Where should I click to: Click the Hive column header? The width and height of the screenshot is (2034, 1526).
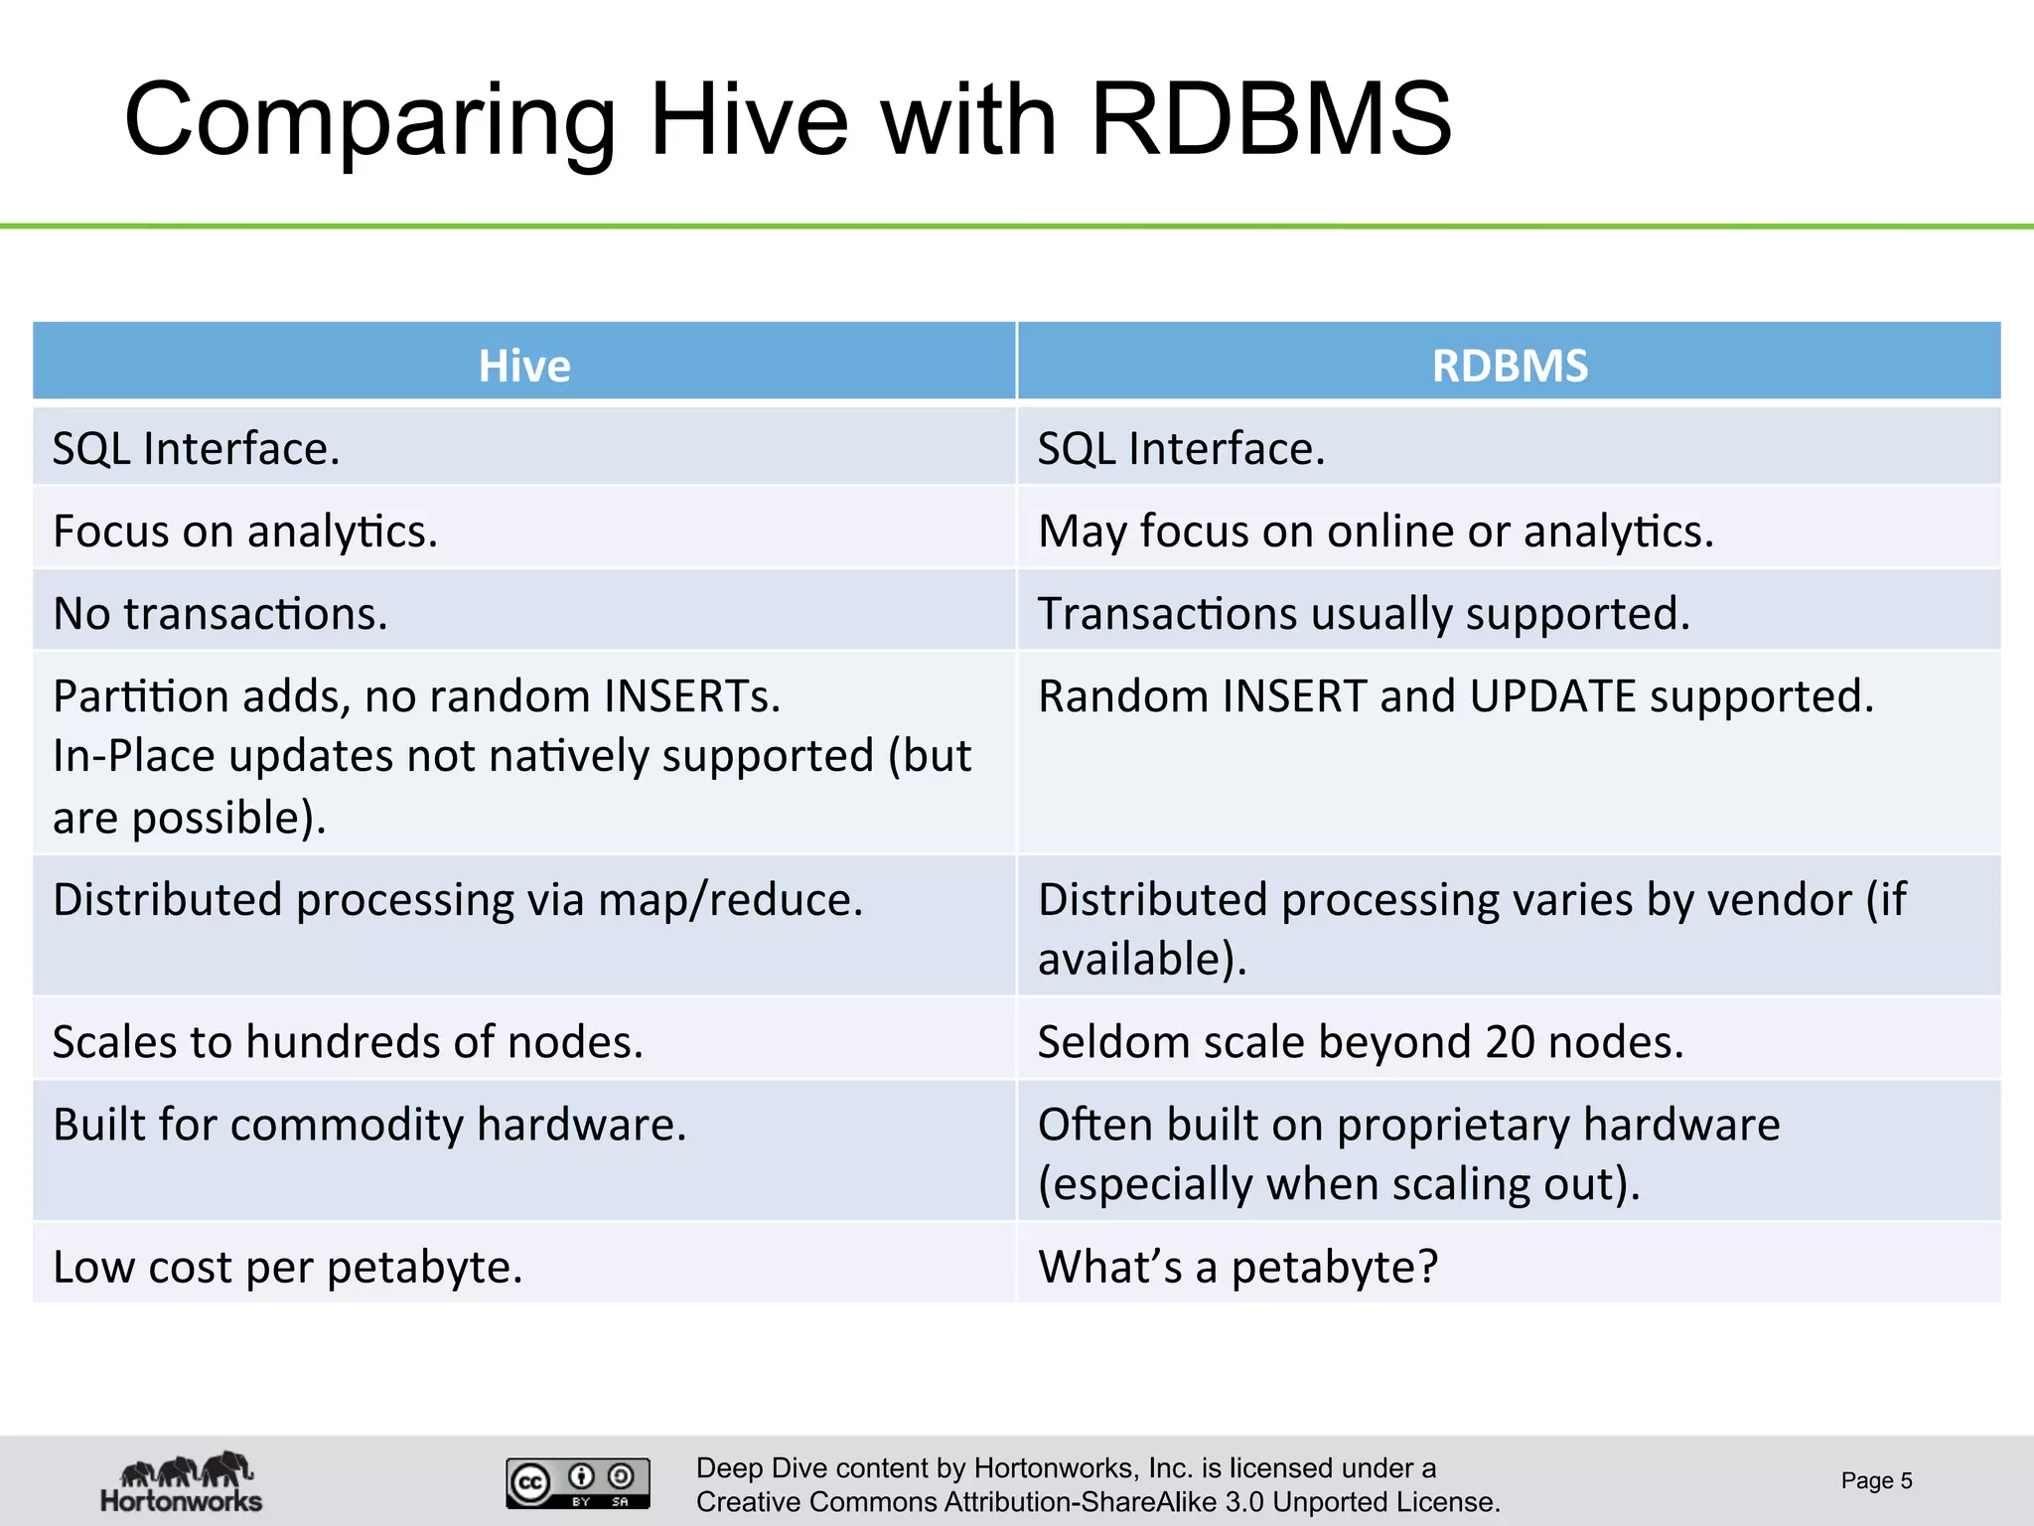[x=524, y=365]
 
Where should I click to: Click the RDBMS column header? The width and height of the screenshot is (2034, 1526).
[x=1509, y=365]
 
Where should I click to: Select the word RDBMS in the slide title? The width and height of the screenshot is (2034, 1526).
[x=1271, y=120]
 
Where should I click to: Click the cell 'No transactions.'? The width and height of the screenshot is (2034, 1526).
[x=220, y=613]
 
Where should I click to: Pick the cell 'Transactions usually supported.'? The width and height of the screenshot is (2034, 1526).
[x=1363, y=613]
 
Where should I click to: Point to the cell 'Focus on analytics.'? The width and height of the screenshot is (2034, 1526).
[x=245, y=531]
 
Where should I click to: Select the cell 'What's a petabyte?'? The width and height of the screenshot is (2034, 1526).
[x=1237, y=1266]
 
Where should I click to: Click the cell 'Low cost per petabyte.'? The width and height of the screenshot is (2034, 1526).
[x=287, y=1266]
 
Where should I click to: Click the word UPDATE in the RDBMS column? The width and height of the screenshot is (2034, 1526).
[x=1552, y=695]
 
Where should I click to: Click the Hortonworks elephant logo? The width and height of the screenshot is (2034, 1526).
[x=182, y=1481]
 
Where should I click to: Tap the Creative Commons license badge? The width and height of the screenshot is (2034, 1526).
[x=577, y=1482]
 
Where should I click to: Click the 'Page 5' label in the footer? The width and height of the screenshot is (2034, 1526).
[x=1875, y=1480]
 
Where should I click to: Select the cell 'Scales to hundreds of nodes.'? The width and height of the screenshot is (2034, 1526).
[x=348, y=1041]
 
